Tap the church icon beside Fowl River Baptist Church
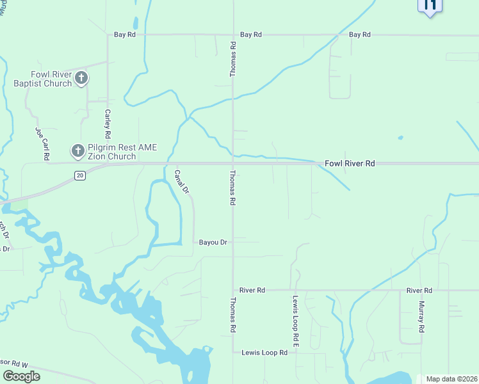tap(81, 79)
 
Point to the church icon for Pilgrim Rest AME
tap(77, 152)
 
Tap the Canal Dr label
tap(182, 181)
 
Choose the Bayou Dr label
tap(213, 243)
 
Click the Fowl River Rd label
tap(349, 164)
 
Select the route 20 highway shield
tap(79, 175)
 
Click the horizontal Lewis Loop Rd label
tap(264, 353)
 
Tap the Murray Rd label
tap(421, 317)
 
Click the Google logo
tap(21, 376)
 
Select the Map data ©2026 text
tap(451, 379)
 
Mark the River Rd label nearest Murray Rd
tap(419, 291)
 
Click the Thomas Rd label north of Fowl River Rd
tap(233, 60)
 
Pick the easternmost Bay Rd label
tap(359, 35)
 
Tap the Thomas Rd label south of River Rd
tap(233, 315)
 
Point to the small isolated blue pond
tap(400, 137)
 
